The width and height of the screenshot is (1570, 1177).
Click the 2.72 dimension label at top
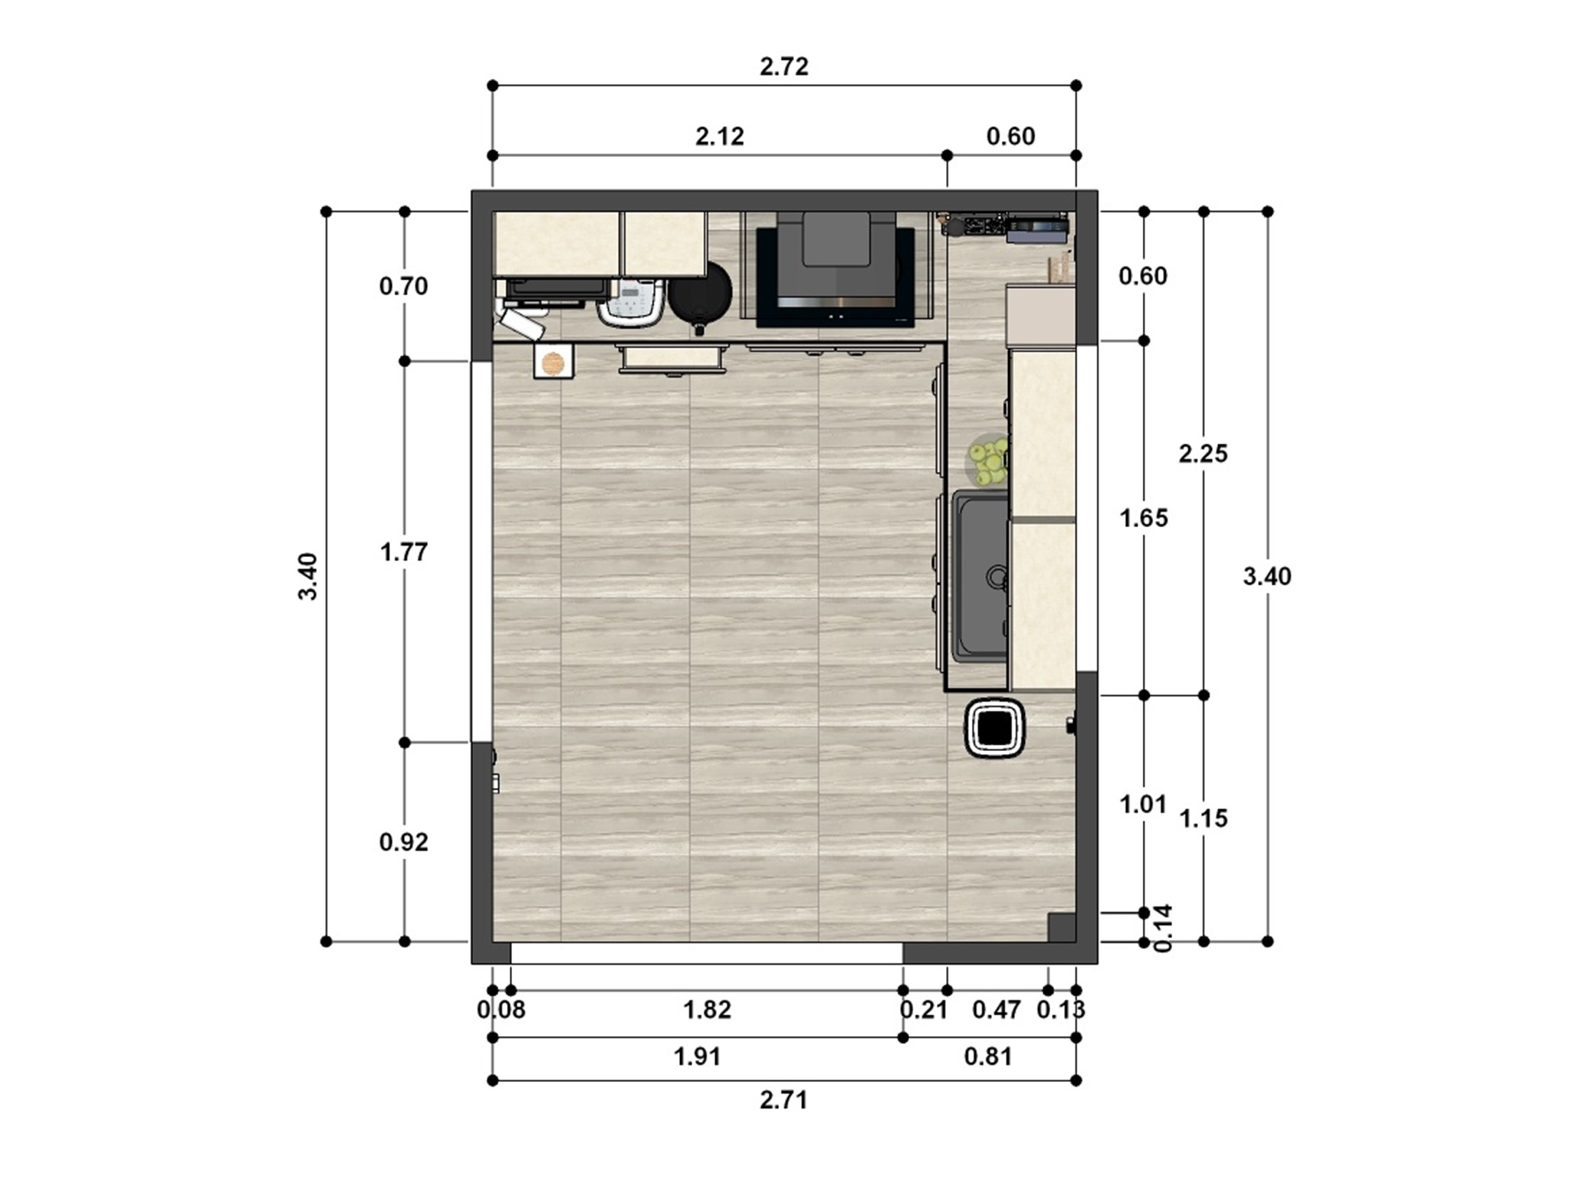coord(783,67)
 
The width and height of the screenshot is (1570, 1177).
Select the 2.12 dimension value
coord(719,137)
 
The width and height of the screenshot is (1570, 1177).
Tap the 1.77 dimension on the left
coord(403,552)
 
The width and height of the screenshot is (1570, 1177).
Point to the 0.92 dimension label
coord(403,842)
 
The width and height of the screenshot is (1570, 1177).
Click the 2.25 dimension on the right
coord(1203,454)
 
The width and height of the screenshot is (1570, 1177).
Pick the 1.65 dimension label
coord(1143,519)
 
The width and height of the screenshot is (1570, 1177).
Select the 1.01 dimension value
coord(1142,805)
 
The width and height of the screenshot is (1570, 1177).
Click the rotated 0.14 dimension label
coord(1163,928)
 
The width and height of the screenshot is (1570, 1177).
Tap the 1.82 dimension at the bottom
coord(707,1010)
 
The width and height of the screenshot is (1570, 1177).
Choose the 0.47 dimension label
coord(996,1010)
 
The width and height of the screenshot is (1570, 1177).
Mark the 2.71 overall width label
coord(783,1101)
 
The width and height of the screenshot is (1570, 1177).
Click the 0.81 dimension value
coord(988,1057)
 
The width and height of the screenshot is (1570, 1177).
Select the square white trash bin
coord(995,728)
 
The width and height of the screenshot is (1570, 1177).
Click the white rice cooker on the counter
coord(631,304)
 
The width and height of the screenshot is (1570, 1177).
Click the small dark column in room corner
coord(1061,927)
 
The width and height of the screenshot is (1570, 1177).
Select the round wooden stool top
coord(553,362)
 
